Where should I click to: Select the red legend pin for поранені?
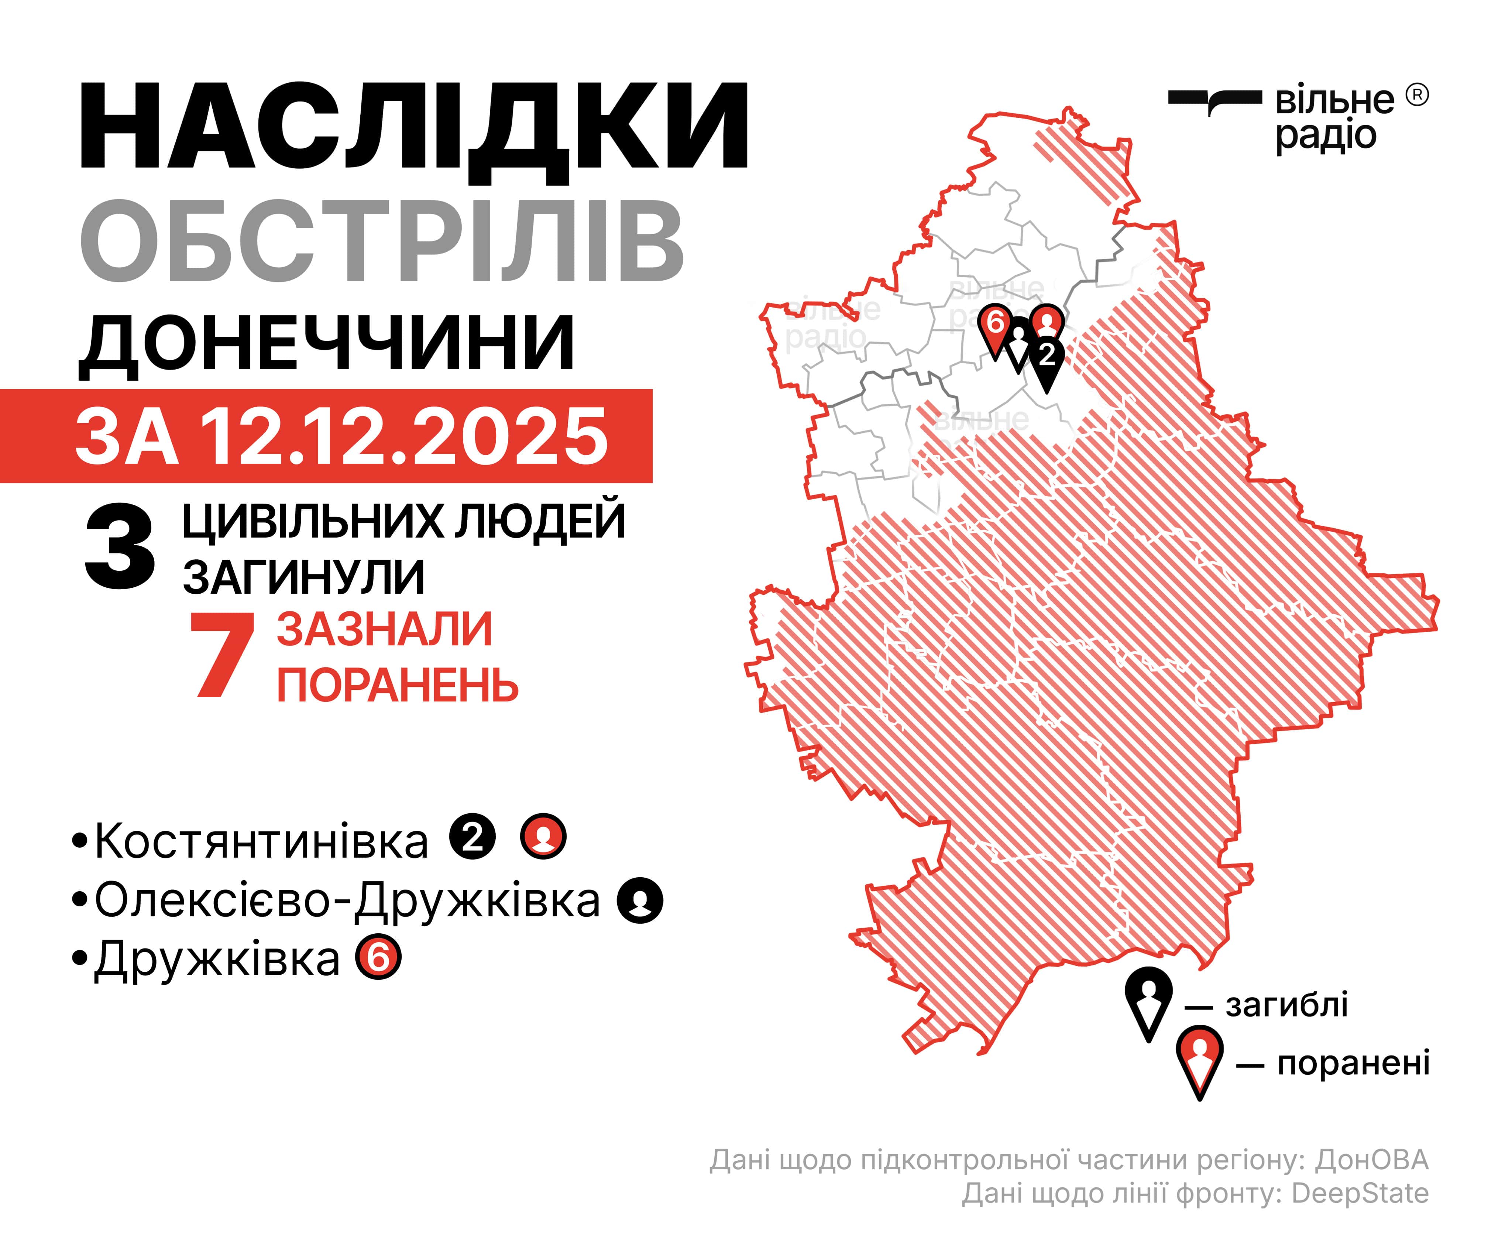[1199, 1059]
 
